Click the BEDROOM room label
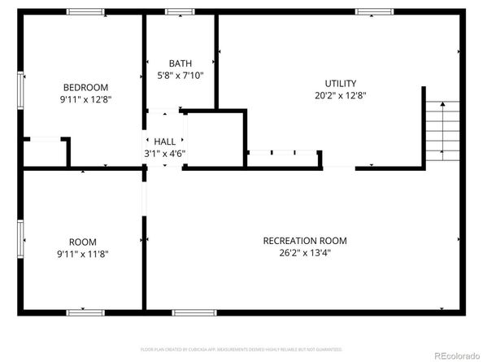(x=85, y=87)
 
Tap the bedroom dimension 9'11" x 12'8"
(x=85, y=99)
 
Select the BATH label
(x=180, y=63)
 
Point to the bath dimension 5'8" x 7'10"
(x=180, y=76)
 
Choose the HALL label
(x=165, y=141)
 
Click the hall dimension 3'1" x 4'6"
(x=165, y=153)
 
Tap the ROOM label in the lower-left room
(x=83, y=242)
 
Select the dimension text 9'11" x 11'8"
(x=83, y=254)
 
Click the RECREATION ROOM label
(x=305, y=240)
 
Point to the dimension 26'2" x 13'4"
(x=305, y=252)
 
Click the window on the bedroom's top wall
(x=85, y=12)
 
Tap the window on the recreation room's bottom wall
(x=189, y=312)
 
